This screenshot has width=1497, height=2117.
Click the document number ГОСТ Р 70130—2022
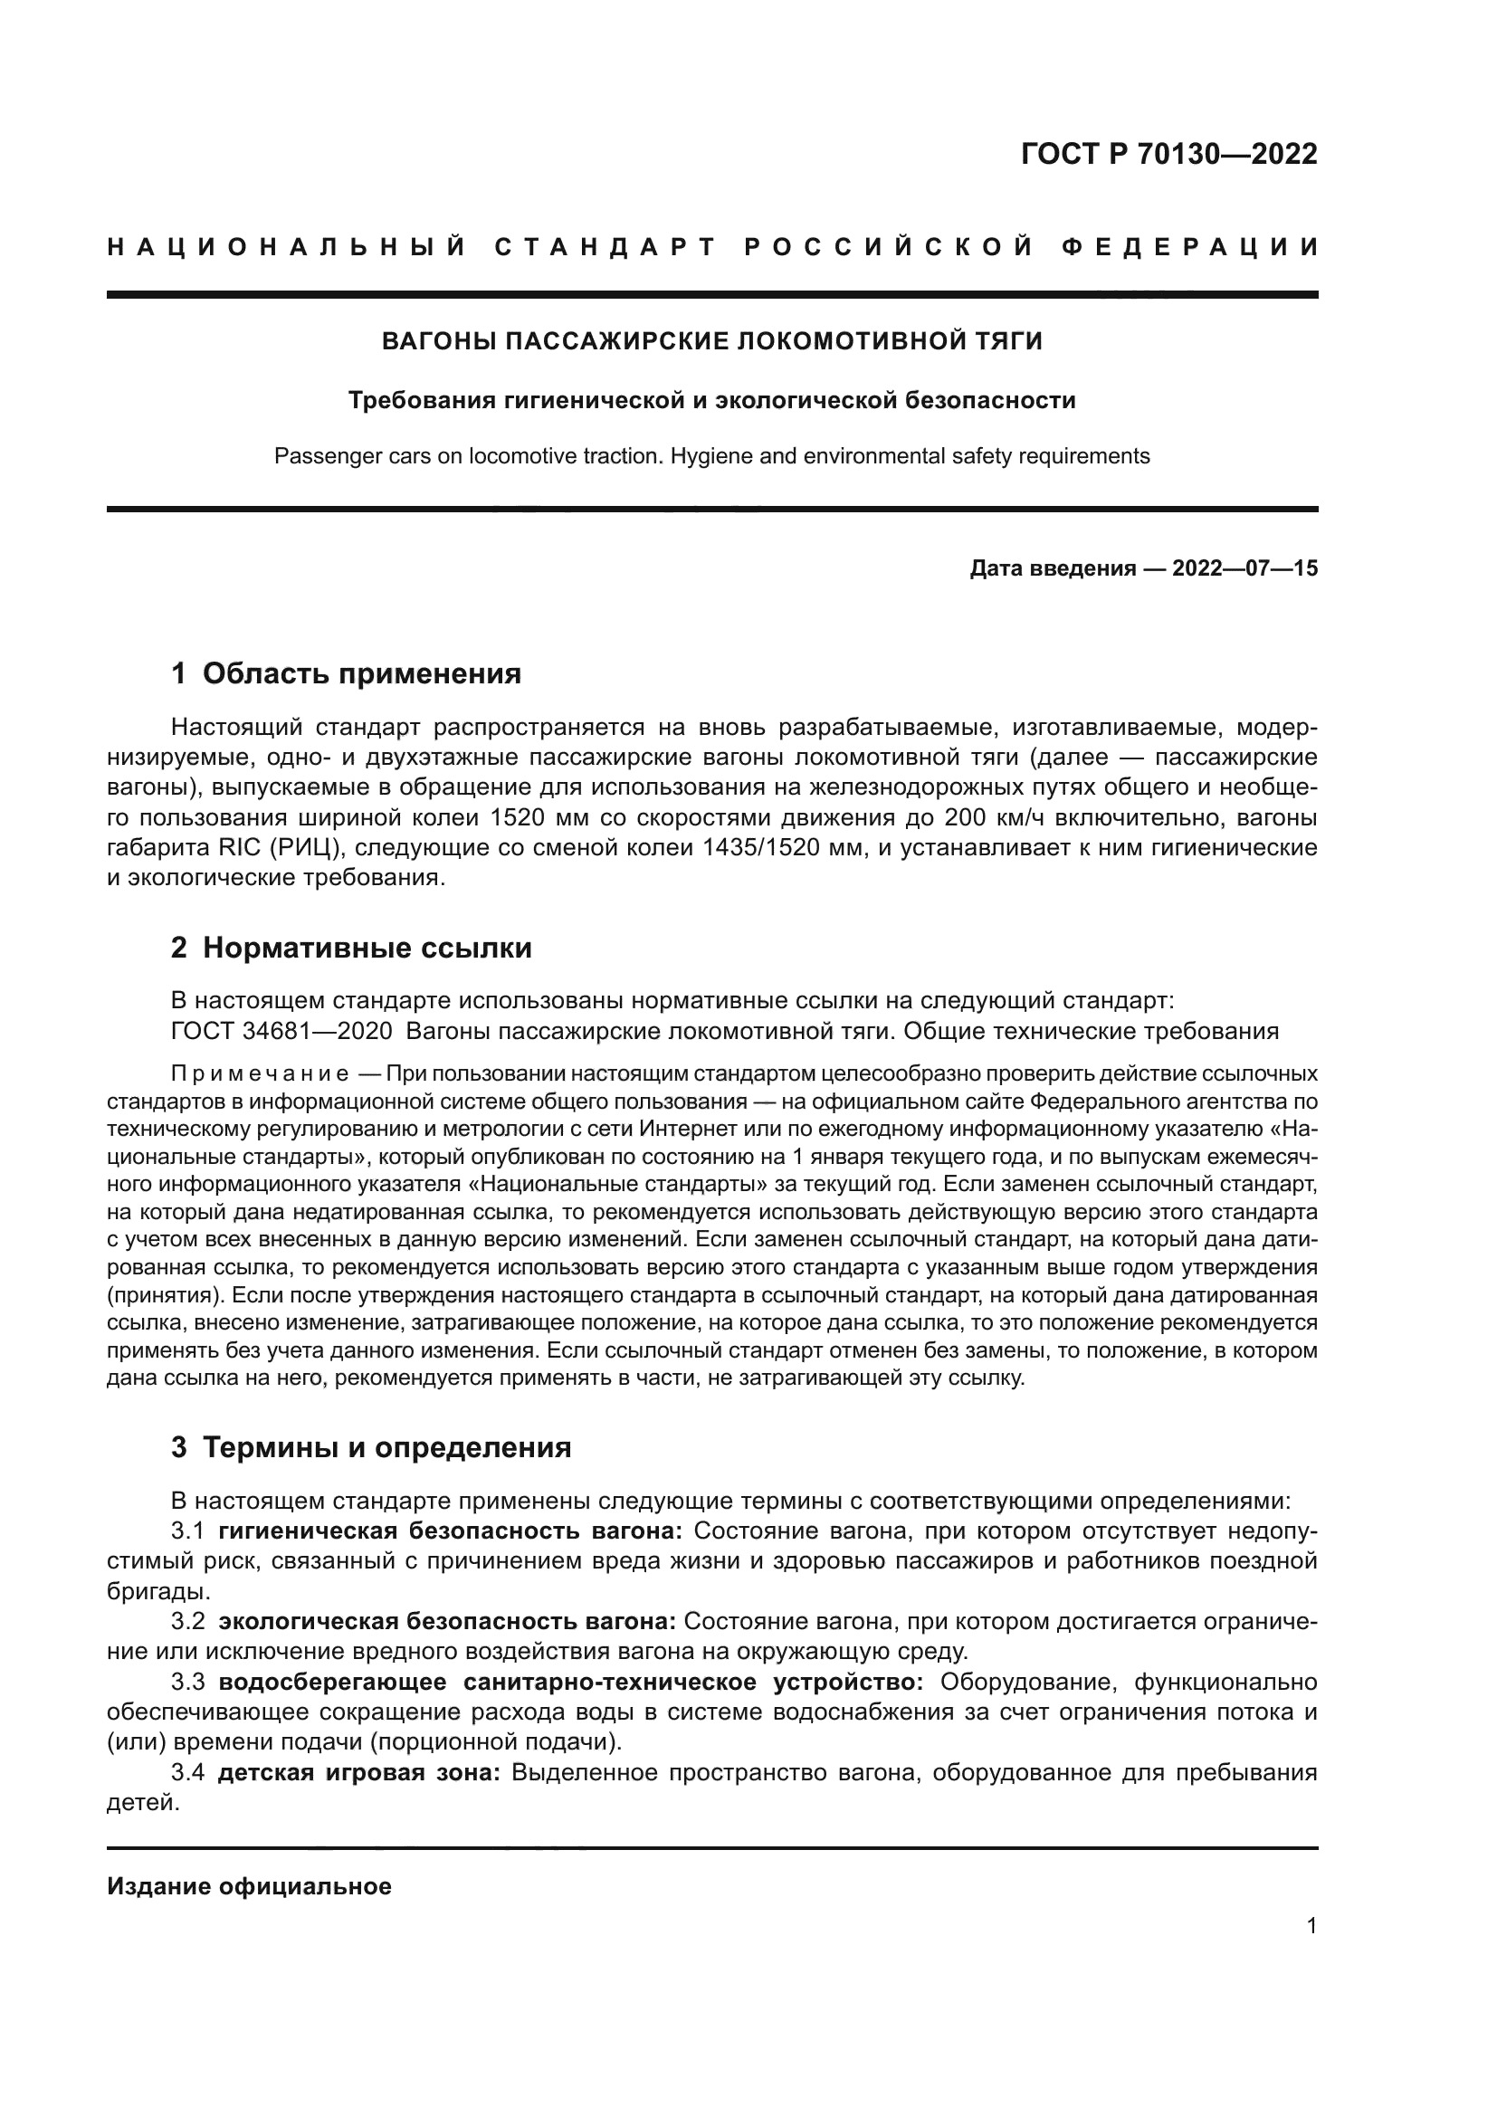coord(1168,154)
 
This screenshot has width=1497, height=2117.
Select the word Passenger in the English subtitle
coord(319,456)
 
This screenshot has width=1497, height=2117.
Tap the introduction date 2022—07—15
coord(1244,569)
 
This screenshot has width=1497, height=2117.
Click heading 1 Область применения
coord(347,674)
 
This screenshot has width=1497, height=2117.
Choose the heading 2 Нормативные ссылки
coord(351,948)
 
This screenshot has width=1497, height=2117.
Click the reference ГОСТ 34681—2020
coord(281,1031)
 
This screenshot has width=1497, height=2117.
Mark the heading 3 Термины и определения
coord(371,1447)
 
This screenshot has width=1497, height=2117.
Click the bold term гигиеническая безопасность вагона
coord(450,1531)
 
